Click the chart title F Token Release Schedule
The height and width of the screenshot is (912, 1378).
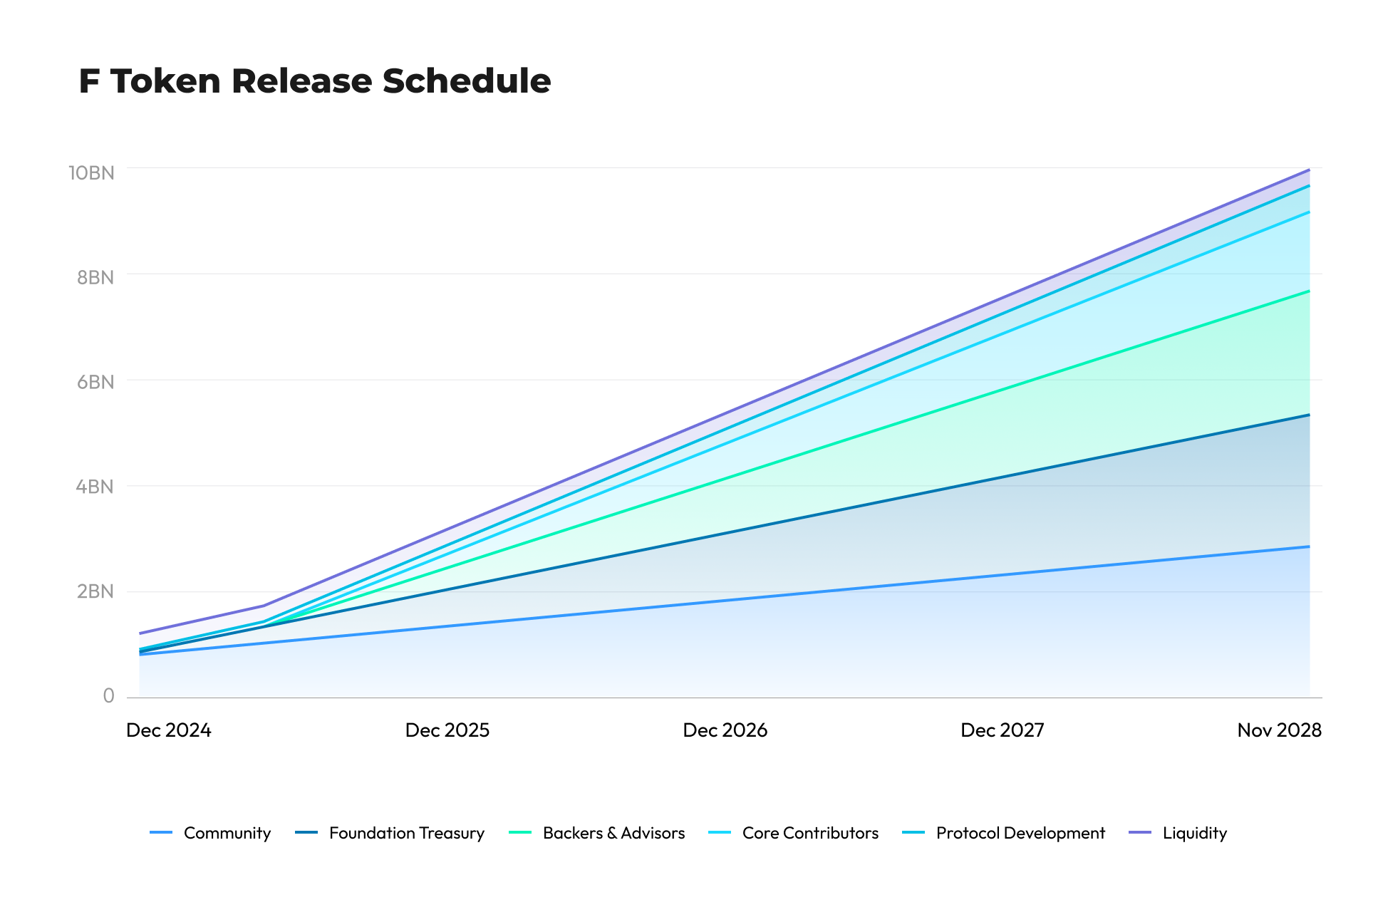314,81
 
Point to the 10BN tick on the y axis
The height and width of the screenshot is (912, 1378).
91,173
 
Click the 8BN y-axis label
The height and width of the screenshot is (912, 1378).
95,277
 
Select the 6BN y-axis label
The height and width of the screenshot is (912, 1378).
95,382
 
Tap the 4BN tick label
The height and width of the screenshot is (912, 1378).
95,487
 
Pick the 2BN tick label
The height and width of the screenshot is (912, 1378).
95,591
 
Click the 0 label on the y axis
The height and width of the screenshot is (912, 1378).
108,696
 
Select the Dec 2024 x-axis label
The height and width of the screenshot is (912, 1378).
169,730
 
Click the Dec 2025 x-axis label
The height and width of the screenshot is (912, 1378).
447,730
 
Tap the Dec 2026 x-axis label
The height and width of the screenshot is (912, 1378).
725,730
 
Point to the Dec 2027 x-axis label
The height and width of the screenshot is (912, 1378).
1003,730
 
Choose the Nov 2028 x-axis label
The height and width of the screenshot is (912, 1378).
1279,730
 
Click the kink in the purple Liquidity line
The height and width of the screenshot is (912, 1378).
264,606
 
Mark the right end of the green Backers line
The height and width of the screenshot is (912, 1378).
1309,291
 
